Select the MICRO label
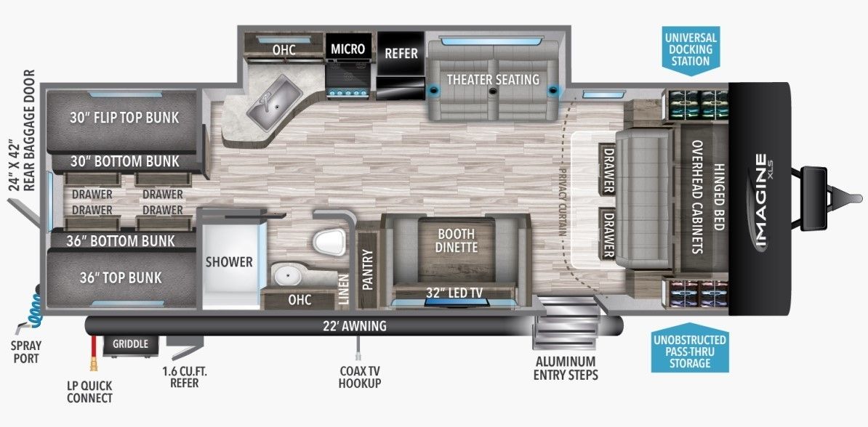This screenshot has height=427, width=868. coord(347,49)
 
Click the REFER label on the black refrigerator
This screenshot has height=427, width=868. coord(401,53)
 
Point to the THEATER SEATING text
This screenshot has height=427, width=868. coord(493,79)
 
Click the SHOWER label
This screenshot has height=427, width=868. coord(229,261)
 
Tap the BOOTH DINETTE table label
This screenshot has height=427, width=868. coord(456,240)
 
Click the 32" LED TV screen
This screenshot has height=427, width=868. coord(456,302)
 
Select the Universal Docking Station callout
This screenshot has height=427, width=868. coord(691,49)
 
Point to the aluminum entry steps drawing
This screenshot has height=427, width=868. coord(566,324)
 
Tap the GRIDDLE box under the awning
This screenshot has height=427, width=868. coord(131,344)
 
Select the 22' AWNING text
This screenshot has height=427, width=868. coord(355,326)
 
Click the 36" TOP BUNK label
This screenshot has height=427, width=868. coord(121,277)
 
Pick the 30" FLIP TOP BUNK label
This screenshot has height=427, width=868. coord(124,117)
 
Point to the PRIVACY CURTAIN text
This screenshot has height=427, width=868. coord(563,202)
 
